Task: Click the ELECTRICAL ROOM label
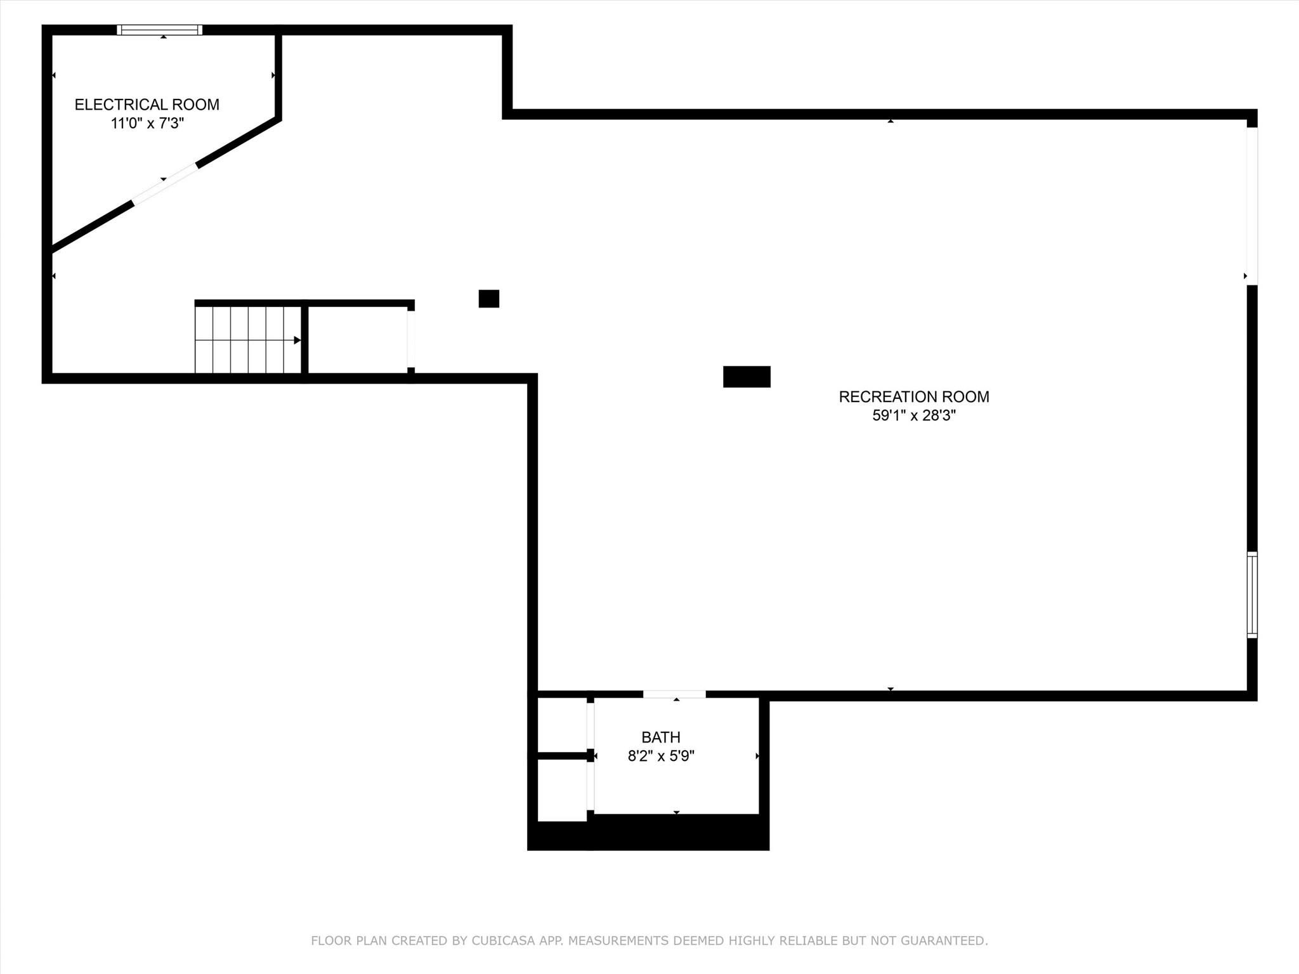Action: (x=147, y=105)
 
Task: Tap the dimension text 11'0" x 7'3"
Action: (x=147, y=123)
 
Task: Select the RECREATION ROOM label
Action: (x=914, y=397)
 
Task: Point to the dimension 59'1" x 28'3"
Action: (x=914, y=415)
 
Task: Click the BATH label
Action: (x=661, y=737)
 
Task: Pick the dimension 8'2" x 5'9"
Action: (x=661, y=756)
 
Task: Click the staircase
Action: (x=248, y=340)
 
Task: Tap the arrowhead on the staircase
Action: (x=297, y=341)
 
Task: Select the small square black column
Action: (x=489, y=299)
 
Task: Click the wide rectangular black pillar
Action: (x=747, y=377)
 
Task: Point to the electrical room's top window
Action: (x=160, y=30)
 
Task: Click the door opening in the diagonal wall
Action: (x=165, y=185)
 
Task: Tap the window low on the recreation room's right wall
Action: (x=1252, y=595)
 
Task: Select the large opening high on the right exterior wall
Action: (x=1252, y=206)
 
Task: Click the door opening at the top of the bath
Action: (x=674, y=694)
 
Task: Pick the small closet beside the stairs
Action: (x=358, y=340)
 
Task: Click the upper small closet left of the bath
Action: (x=562, y=725)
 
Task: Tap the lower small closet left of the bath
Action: (x=562, y=790)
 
